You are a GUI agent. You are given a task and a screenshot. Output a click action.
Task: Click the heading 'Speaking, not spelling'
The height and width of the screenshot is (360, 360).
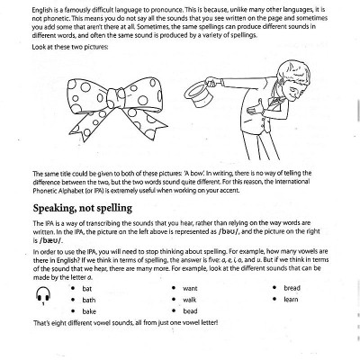(83, 209)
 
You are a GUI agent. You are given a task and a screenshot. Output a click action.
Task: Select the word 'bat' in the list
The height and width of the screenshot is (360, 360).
(86, 289)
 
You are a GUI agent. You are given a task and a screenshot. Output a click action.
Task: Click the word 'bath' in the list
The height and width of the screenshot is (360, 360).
(89, 300)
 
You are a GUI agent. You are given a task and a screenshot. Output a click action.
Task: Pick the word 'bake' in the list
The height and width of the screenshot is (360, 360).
(89, 311)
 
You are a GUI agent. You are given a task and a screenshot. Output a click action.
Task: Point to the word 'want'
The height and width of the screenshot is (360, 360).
(190, 289)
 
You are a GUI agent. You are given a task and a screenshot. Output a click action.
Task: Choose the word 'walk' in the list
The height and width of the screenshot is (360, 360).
(190, 300)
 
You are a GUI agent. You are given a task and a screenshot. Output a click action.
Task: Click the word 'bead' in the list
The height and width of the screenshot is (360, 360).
(190, 311)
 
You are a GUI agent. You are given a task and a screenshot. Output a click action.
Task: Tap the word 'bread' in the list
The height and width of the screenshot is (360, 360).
(292, 288)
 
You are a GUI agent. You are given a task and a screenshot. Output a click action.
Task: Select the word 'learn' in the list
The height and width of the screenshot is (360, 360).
(291, 300)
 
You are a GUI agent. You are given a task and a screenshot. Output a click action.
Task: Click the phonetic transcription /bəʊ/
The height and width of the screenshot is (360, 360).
(229, 231)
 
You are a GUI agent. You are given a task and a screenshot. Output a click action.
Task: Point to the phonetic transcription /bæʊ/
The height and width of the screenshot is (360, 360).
(51, 240)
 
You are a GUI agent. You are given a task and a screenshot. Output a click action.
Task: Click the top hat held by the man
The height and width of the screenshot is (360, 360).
(199, 94)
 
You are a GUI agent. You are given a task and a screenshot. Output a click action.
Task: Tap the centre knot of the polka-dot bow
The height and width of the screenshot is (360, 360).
(116, 98)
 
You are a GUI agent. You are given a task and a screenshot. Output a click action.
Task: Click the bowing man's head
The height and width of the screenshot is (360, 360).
(292, 80)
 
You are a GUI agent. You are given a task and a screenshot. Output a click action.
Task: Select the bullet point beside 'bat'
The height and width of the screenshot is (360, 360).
(73, 289)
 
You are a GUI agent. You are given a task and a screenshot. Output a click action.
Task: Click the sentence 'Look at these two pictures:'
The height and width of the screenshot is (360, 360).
(70, 47)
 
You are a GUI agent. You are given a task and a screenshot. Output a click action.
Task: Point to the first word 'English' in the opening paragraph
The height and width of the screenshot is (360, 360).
(41, 10)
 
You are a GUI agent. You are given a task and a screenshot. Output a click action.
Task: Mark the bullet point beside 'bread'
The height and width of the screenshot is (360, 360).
(274, 288)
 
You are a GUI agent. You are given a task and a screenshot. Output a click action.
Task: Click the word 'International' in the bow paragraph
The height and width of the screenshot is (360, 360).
(292, 182)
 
